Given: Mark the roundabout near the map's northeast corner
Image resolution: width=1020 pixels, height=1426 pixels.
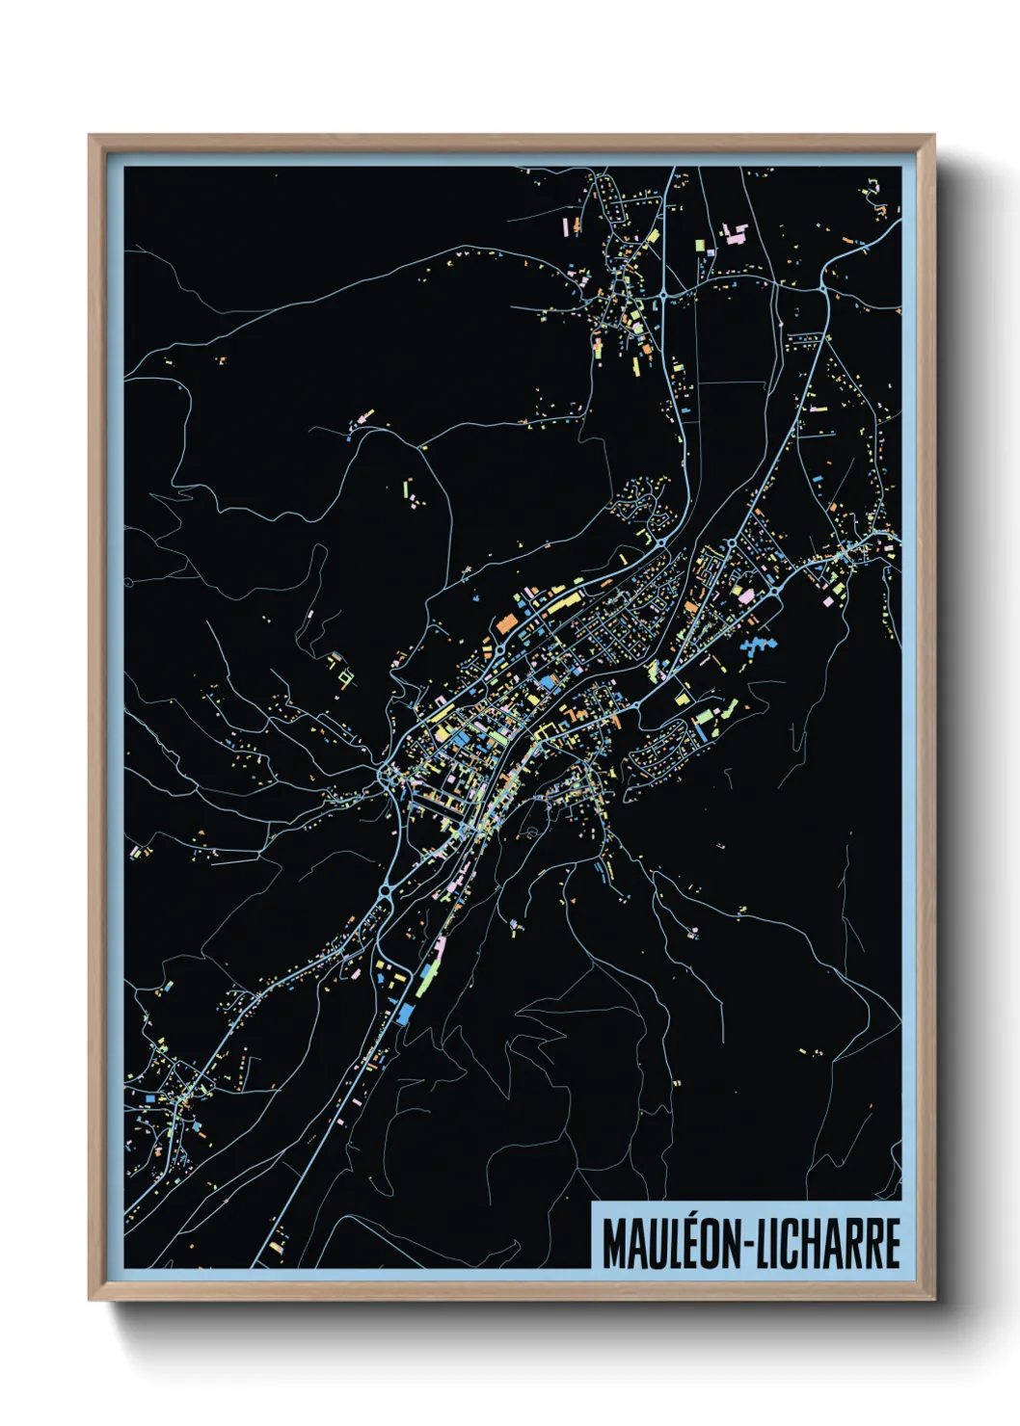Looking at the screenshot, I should (x=822, y=286).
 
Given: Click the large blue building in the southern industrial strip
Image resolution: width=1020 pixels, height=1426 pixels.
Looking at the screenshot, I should (x=404, y=1012).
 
